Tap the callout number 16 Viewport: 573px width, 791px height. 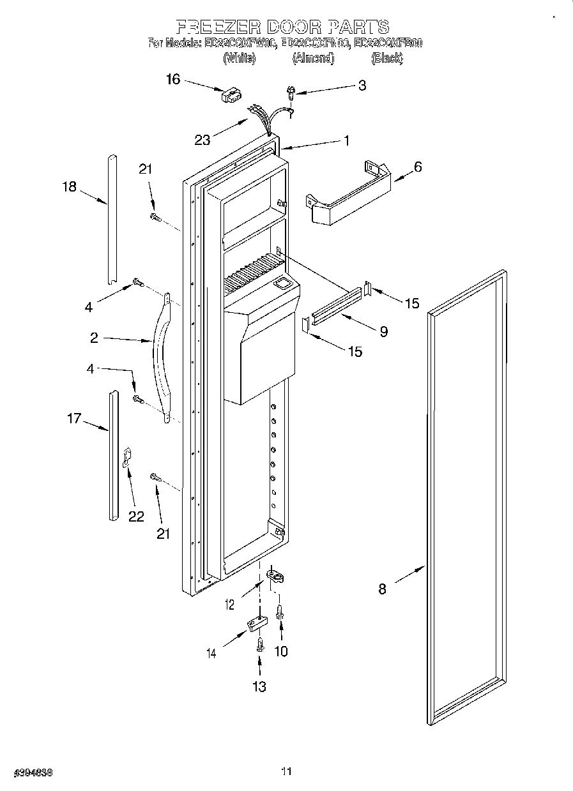[x=173, y=79]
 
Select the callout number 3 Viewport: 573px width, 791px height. [x=362, y=85]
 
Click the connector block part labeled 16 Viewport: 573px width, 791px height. [x=229, y=96]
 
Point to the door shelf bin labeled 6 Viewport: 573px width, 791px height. [x=348, y=195]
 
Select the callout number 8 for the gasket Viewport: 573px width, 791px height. [x=382, y=589]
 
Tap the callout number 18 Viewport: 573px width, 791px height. [x=69, y=186]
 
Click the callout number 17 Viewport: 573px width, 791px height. [x=74, y=419]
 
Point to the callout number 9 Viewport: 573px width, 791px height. [x=383, y=331]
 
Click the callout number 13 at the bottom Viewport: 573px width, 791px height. [x=259, y=686]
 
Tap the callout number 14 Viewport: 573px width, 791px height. [x=211, y=652]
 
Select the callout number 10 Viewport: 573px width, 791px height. [x=280, y=651]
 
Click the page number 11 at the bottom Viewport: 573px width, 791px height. [x=286, y=772]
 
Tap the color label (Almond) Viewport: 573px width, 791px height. [x=312, y=58]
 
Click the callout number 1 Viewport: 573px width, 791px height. [x=346, y=141]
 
